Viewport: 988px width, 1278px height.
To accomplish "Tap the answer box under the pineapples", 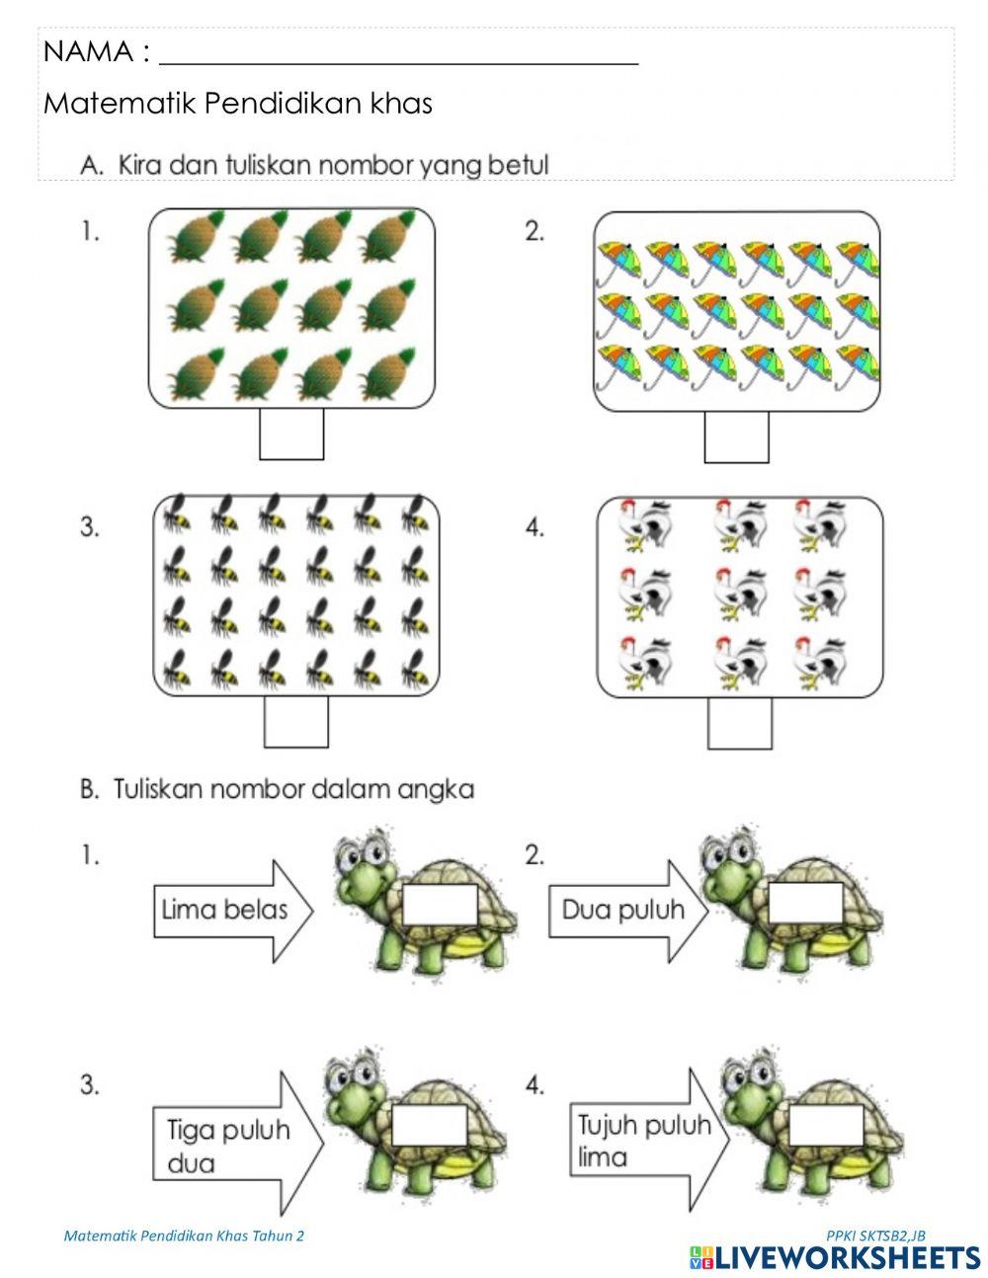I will (291, 435).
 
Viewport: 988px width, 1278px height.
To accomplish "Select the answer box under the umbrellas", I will (736, 437).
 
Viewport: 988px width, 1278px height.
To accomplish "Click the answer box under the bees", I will (295, 722).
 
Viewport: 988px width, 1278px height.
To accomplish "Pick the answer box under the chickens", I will (739, 723).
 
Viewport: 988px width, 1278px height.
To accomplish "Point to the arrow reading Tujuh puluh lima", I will (647, 1140).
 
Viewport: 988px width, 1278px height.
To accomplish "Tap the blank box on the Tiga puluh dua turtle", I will (431, 1125).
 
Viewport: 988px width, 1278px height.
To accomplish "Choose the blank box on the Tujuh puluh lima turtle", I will (826, 1125).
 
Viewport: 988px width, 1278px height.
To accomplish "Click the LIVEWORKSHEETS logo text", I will (847, 1257).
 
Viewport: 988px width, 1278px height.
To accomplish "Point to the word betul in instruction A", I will (521, 165).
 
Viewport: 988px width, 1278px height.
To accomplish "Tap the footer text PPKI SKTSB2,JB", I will (875, 1236).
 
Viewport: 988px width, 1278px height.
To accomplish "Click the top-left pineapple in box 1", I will (193, 238).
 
